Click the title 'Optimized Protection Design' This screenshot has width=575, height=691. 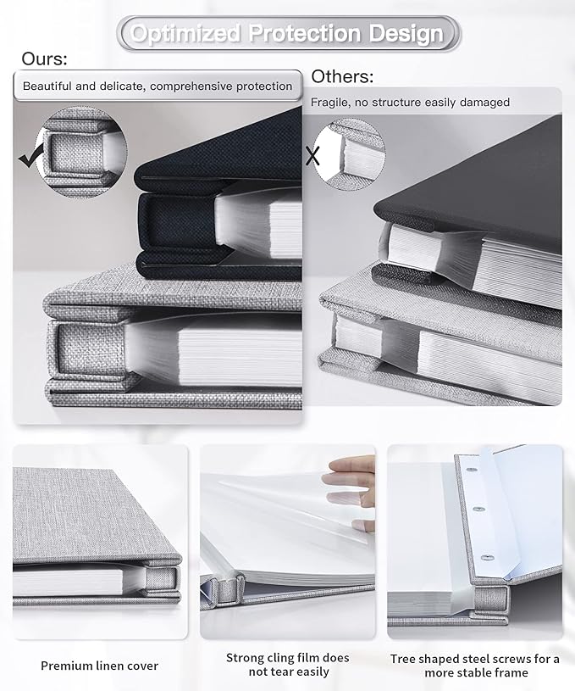point(288,34)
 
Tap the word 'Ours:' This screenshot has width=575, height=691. point(45,59)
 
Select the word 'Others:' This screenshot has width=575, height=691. point(342,77)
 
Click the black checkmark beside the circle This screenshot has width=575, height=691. point(31,157)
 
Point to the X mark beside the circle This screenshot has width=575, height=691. point(312,156)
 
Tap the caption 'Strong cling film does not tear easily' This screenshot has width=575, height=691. point(287,665)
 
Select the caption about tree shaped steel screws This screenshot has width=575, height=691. point(475,665)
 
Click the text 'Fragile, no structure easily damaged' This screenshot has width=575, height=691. point(410,103)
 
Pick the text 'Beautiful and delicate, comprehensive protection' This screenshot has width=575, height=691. point(158,86)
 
